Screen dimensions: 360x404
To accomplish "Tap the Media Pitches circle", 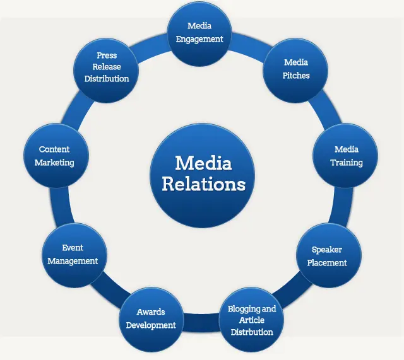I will pyautogui.click(x=295, y=69).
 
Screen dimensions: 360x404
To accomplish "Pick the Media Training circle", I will pyautogui.click(x=346, y=156).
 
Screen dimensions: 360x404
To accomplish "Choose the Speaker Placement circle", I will pyautogui.click(x=327, y=255).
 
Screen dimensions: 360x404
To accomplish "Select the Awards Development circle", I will pyautogui.click(x=150, y=318).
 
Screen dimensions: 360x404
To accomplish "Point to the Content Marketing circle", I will pyautogui.click(x=55, y=156).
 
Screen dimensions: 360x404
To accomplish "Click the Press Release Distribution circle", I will pyautogui.click(x=107, y=67).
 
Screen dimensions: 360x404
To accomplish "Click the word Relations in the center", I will pyautogui.click(x=203, y=184).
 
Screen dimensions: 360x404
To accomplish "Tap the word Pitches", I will pyautogui.click(x=296, y=76).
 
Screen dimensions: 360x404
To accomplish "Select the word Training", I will pyautogui.click(x=347, y=163).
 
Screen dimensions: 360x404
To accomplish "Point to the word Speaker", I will pyautogui.click(x=327, y=250).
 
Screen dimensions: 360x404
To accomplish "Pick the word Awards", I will pyautogui.click(x=150, y=312).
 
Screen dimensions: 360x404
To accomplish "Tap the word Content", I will pyautogui.click(x=54, y=149).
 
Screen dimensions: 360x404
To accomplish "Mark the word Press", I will pyautogui.click(x=107, y=55).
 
